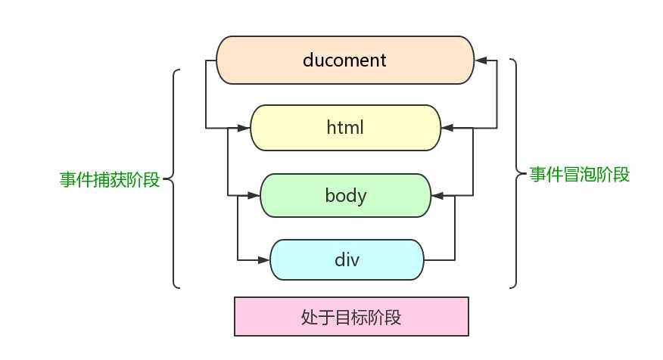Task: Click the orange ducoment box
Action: (x=345, y=60)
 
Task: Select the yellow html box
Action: (x=345, y=128)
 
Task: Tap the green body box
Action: (x=345, y=196)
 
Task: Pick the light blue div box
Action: (x=347, y=260)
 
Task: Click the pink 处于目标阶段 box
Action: (x=351, y=316)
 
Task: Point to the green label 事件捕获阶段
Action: (x=110, y=180)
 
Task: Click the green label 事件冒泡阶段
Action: (x=579, y=175)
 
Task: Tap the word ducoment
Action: (x=344, y=60)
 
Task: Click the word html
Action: (x=345, y=128)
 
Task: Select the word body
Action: (x=345, y=196)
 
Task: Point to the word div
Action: (x=347, y=260)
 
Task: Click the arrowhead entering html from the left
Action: (x=244, y=128)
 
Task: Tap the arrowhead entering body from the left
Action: (x=254, y=196)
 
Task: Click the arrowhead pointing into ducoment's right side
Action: (x=481, y=60)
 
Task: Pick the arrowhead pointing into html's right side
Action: (x=447, y=128)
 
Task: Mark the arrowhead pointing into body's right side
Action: (x=437, y=196)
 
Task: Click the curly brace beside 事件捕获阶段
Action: (x=173, y=179)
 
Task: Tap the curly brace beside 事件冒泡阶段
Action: (x=517, y=173)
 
